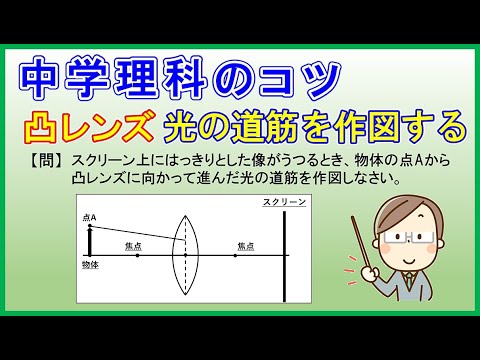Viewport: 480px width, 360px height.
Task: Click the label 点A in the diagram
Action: (x=90, y=217)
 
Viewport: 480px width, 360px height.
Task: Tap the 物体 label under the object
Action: (x=90, y=266)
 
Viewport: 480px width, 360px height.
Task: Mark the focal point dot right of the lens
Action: (x=235, y=256)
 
